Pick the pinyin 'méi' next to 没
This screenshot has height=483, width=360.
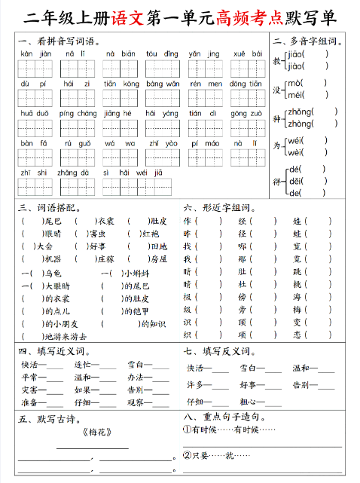click(x=294, y=94)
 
